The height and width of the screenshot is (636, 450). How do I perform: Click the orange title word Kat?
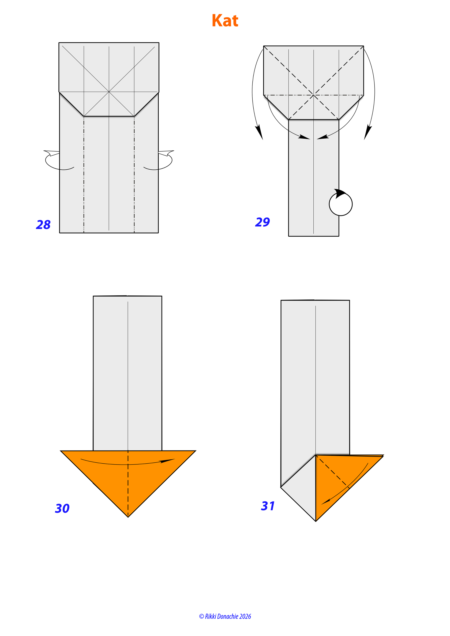click(x=225, y=21)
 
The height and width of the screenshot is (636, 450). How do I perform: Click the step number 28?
click(x=43, y=225)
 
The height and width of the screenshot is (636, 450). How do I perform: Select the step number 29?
click(x=262, y=222)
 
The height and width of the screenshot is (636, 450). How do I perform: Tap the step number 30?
click(x=62, y=508)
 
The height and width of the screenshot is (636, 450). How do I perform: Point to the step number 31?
click(x=268, y=506)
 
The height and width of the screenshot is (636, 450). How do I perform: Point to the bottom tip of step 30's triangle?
click(x=128, y=517)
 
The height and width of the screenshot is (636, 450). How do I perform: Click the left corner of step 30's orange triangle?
click(x=60, y=451)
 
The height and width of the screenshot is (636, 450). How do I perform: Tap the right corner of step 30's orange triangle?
click(x=196, y=451)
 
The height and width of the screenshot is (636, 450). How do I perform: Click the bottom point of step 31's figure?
click(x=316, y=521)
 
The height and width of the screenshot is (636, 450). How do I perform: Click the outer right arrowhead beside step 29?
click(x=368, y=132)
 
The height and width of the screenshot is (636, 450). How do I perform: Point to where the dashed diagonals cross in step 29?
click(x=314, y=95)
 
